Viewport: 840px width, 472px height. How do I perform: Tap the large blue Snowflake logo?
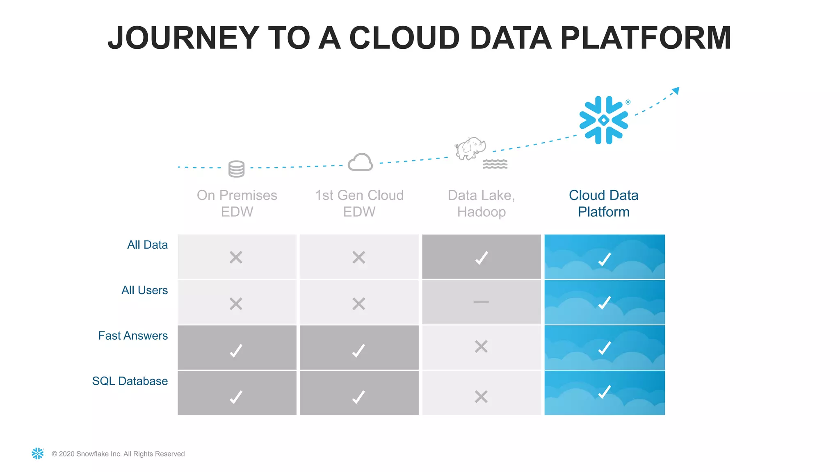pos(603,120)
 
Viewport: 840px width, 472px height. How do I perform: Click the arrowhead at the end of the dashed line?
pos(676,90)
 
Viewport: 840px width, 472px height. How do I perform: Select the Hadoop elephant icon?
pos(470,148)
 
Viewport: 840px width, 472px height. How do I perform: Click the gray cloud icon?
pos(360,162)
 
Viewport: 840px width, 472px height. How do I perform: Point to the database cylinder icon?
pos(236,169)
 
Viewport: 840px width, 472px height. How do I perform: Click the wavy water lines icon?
pos(495,164)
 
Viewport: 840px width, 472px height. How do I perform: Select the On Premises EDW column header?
pos(237,203)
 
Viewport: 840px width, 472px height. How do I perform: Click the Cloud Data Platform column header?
pos(603,203)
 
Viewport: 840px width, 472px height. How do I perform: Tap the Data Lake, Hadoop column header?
pos(481,203)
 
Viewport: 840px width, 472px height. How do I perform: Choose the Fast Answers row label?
pos(133,336)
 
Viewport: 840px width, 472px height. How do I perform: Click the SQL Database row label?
pos(130,381)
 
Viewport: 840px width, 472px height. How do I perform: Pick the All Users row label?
pos(144,290)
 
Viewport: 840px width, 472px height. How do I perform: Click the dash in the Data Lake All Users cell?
pos(481,302)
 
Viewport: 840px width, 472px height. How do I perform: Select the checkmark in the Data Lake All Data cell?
pos(482,258)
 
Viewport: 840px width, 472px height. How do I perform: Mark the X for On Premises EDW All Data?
pos(236,257)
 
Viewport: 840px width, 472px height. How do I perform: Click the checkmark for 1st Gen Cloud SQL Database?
pos(358,397)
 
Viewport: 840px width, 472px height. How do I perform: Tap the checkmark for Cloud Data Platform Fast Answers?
pos(605,348)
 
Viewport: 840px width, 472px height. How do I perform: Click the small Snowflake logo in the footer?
pos(38,453)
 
